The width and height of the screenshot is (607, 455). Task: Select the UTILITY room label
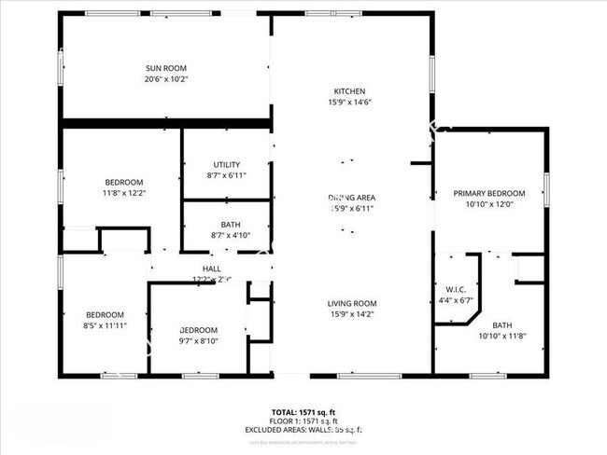coord(227,164)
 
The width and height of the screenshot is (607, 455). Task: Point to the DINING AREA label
coord(352,198)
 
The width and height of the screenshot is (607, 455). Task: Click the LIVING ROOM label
coord(351,303)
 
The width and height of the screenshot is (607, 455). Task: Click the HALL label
coord(212,269)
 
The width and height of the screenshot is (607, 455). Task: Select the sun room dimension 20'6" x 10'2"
coord(166,79)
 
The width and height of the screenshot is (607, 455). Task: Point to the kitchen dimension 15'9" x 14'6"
coord(351,102)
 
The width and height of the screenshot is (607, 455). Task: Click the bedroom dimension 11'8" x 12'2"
coord(123,192)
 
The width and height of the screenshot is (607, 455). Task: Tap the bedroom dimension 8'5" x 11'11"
coord(105,325)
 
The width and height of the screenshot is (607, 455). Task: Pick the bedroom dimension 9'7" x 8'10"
coord(198,341)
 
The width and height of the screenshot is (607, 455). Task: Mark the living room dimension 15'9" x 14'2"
coord(351,314)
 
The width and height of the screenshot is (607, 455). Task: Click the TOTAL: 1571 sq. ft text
coord(304,411)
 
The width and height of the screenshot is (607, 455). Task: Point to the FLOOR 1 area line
coord(304,421)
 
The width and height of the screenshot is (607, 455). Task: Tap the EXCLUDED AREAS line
coord(304,430)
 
